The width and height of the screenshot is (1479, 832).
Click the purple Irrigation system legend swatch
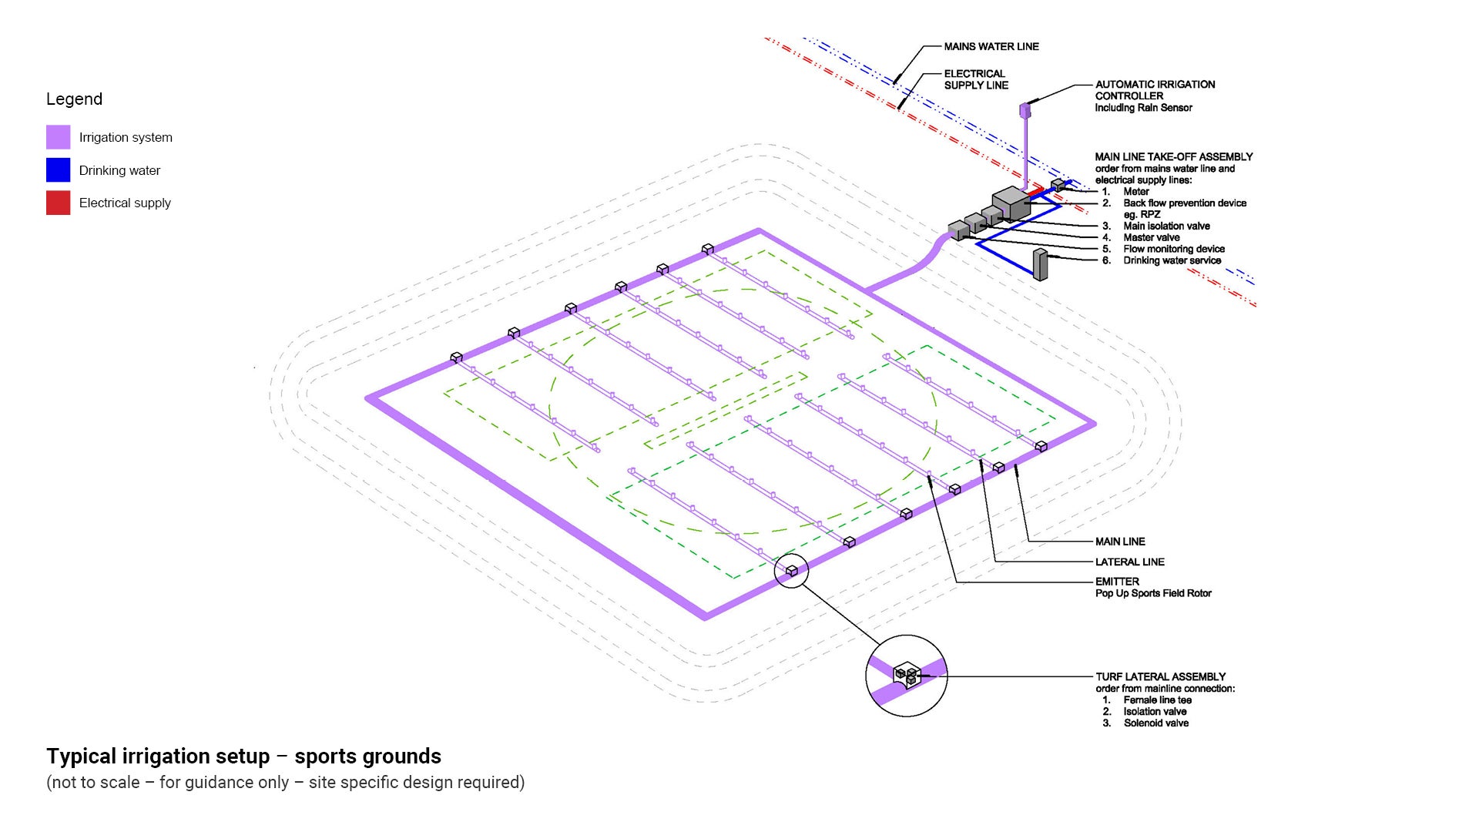(58, 137)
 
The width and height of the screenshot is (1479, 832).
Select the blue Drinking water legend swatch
(58, 170)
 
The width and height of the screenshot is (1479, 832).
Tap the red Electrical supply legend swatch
(58, 203)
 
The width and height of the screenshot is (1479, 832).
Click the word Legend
(74, 99)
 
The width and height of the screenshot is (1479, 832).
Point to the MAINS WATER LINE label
(991, 46)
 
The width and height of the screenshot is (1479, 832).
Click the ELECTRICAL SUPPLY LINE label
(975, 79)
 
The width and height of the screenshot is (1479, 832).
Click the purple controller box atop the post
(1025, 110)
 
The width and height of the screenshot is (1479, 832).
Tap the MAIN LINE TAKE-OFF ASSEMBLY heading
(1174, 156)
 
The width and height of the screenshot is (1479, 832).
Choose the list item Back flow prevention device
(1184, 203)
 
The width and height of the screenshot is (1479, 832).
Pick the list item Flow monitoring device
(1173, 249)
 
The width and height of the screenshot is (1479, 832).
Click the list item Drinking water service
(1172, 260)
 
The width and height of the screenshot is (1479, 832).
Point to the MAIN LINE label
(1120, 542)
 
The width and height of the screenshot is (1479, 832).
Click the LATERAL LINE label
(1129, 562)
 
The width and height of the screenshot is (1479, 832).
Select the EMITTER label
(1117, 582)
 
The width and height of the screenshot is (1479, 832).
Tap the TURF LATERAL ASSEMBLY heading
(1160, 676)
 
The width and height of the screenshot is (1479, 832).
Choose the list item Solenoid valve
(1155, 723)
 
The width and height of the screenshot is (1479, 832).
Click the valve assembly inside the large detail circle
(907, 676)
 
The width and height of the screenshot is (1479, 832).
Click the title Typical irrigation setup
(243, 756)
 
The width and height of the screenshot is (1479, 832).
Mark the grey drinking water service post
(1040, 264)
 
